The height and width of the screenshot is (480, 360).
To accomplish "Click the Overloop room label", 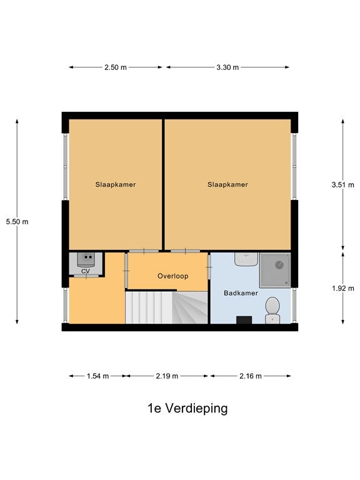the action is click(172, 276).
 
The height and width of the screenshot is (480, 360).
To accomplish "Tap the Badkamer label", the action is click(241, 293).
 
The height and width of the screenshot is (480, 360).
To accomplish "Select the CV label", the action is click(86, 271).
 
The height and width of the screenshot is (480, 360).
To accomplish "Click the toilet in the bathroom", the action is click(272, 310).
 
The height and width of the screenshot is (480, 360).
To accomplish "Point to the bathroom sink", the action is click(246, 259).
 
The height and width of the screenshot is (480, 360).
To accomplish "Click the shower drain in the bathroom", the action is click(279, 265).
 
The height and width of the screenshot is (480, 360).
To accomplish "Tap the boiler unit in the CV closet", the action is click(86, 259).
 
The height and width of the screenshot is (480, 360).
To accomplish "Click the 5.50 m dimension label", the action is click(17, 222).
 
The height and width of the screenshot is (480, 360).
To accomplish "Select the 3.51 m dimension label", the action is click(343, 185).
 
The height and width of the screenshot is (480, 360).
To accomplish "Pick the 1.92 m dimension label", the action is click(343, 288).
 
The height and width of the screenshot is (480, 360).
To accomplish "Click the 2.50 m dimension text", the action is click(116, 67).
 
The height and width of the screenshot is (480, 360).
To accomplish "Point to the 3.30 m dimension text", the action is click(227, 67).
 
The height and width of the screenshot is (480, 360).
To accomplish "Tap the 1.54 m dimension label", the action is click(97, 376).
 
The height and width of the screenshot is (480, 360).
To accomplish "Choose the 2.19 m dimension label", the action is click(167, 376).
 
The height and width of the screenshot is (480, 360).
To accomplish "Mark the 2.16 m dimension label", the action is click(251, 376).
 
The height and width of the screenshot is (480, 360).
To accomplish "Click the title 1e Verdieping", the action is click(187, 408).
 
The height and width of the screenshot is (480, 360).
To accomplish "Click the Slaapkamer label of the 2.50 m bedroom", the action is click(116, 184).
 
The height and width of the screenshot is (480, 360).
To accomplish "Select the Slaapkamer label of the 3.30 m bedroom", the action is click(227, 184).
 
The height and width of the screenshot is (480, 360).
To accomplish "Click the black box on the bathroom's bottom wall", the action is click(244, 320).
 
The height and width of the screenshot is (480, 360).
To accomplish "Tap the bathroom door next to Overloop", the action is click(209, 267).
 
